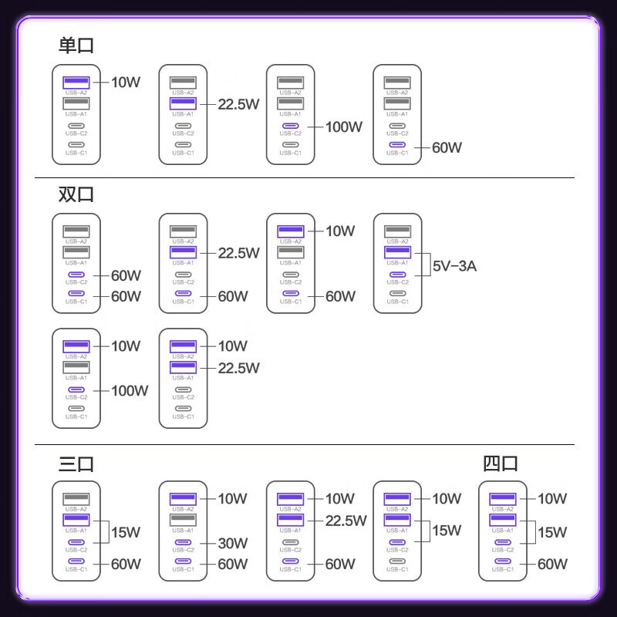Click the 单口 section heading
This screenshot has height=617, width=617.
click(76, 46)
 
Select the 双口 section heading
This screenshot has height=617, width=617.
click(76, 194)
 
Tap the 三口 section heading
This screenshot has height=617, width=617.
click(76, 464)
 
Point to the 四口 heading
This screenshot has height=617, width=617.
click(500, 464)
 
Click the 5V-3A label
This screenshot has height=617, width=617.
click(454, 266)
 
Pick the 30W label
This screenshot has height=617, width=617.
click(233, 544)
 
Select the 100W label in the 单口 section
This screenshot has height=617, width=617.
click(344, 126)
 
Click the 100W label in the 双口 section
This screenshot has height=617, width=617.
click(130, 391)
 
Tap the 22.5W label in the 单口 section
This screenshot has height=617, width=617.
click(238, 104)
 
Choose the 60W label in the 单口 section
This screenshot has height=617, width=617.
click(447, 147)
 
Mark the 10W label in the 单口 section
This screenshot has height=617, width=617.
click(126, 83)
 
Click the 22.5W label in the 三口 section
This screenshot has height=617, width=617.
click(346, 521)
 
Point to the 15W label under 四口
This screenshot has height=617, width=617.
click(552, 532)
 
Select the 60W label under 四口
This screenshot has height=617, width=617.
click(552, 565)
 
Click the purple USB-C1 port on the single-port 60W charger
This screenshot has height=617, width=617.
click(397, 145)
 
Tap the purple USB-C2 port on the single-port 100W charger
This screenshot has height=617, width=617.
click(291, 126)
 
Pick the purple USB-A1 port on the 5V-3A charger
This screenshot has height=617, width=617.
click(397, 252)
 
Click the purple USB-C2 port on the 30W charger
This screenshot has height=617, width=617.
click(183, 542)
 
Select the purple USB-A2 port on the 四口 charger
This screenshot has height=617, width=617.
click(503, 499)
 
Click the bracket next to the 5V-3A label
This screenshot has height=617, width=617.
click(430, 265)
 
